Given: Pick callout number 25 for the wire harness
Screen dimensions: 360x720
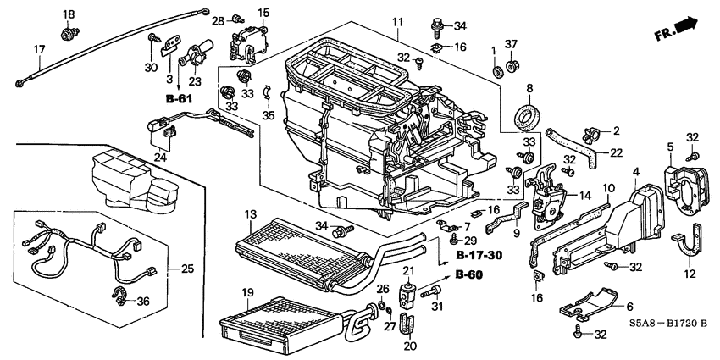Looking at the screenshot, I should click(x=187, y=269).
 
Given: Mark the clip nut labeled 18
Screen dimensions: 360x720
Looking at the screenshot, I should click(x=68, y=34).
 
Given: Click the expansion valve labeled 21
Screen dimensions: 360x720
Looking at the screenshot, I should click(x=408, y=295).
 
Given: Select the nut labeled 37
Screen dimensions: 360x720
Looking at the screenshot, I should click(x=512, y=64).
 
